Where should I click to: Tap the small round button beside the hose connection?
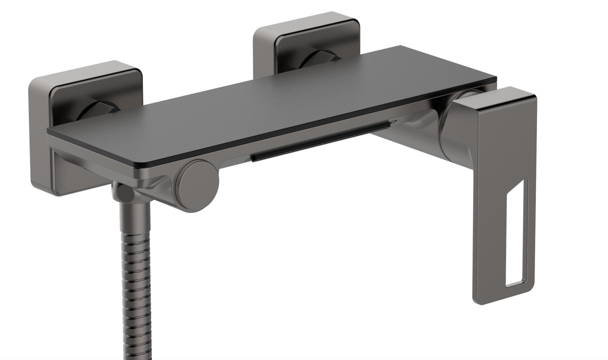tap(124, 193)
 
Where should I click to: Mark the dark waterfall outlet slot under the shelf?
tap(320, 142)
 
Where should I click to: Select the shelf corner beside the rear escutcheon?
tap(400, 47)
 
